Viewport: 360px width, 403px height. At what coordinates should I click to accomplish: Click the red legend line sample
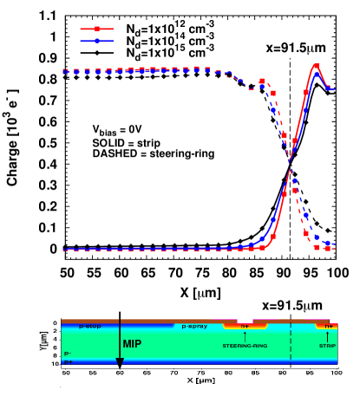(96, 29)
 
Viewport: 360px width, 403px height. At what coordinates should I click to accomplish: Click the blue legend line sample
(96, 41)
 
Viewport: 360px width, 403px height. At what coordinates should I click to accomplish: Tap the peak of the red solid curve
(316, 65)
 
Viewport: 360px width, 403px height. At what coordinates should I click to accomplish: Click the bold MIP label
(132, 344)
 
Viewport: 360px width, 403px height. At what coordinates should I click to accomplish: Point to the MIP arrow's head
(120, 363)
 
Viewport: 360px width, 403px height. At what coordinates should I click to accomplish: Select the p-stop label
(90, 327)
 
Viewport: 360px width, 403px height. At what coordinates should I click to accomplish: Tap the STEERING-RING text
(245, 346)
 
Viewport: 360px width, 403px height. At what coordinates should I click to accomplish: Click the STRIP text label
(327, 346)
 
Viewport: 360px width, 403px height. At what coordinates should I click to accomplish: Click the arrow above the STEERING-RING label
(245, 336)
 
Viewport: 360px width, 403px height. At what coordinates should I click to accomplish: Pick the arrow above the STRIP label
(328, 336)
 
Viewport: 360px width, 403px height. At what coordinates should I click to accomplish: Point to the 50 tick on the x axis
(65, 372)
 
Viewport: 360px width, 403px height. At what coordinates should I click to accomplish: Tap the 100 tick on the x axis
(336, 372)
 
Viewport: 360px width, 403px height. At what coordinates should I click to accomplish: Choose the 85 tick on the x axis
(255, 372)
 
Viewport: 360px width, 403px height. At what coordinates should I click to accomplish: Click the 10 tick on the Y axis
(54, 363)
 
